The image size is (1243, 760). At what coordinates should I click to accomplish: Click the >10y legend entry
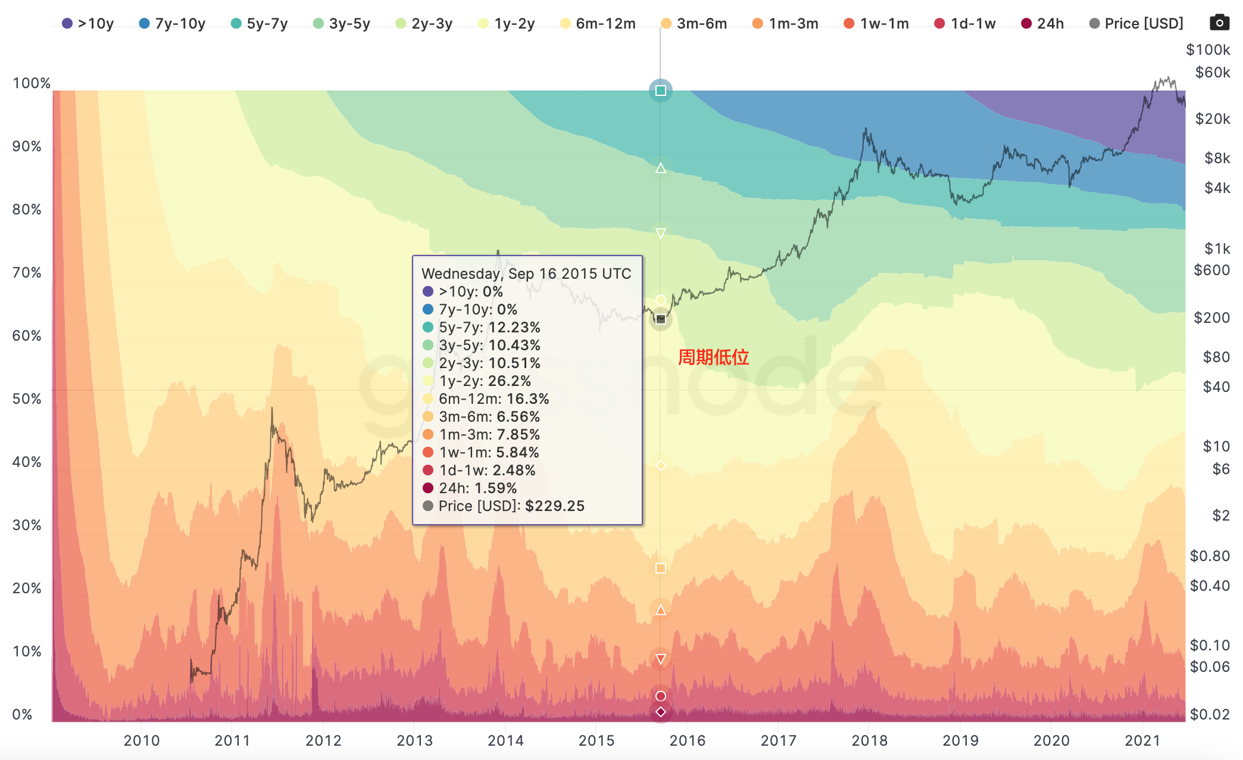[x=88, y=24]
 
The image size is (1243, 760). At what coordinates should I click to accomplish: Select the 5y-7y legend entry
[x=260, y=24]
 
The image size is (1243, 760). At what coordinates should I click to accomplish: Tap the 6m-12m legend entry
[x=598, y=24]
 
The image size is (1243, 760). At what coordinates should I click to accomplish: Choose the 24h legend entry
[x=1043, y=24]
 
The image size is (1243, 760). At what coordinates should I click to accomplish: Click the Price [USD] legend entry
[x=1136, y=24]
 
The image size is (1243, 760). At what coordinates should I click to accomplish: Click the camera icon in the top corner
[x=1219, y=23]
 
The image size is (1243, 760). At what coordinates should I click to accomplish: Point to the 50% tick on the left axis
[x=27, y=399]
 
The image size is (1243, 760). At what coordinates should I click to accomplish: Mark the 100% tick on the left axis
[x=31, y=83]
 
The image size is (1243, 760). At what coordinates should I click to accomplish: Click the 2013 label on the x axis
[x=414, y=740]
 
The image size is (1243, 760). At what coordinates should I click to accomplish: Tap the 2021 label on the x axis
[x=1142, y=740]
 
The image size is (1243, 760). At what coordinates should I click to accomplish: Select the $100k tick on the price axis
[x=1207, y=50]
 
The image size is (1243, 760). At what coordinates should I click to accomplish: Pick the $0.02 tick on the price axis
[x=1210, y=714]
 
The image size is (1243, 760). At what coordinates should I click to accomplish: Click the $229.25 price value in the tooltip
[x=554, y=506]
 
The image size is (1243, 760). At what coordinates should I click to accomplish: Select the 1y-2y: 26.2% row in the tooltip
[x=485, y=381]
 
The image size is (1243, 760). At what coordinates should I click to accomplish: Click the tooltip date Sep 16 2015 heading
[x=526, y=274]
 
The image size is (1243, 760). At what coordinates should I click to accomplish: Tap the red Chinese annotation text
[x=713, y=357]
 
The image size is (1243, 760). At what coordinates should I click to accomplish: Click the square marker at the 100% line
[x=660, y=91]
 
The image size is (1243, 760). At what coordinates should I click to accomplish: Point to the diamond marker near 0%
[x=660, y=712]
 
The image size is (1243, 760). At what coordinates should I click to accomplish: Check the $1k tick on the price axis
[x=1217, y=248]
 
